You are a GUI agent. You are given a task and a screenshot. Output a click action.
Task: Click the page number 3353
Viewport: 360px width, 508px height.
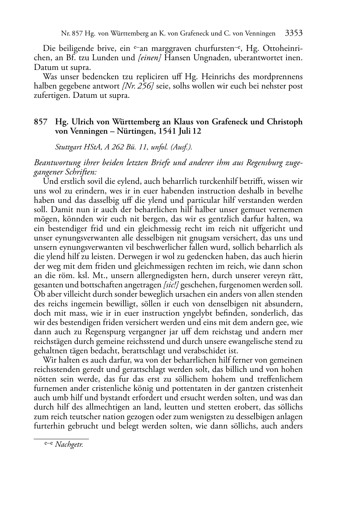(x=294, y=33)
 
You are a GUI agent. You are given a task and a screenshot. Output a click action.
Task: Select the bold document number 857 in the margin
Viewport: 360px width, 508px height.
(x=41, y=122)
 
